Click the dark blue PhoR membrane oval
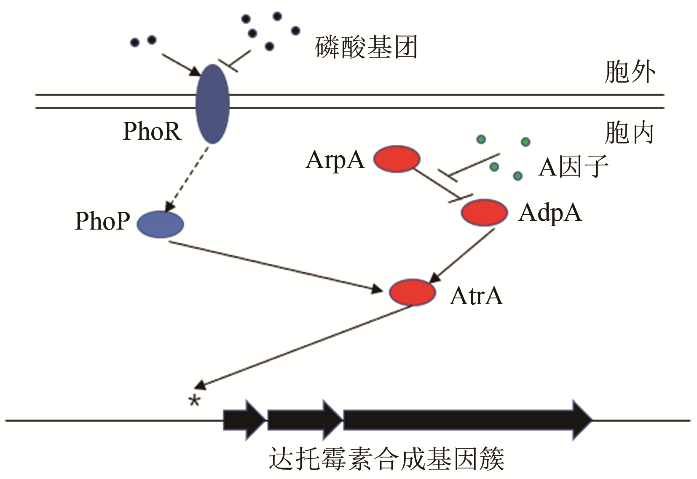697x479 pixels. (213, 104)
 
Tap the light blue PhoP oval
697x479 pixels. (160, 224)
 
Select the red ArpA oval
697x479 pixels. (397, 159)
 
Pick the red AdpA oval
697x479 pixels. (484, 212)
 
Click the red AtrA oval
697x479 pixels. (412, 292)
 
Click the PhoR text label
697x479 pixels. (152, 131)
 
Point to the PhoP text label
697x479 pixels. (102, 221)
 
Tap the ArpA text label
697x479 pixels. (335, 160)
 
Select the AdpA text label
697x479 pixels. (550, 212)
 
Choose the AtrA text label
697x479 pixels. (476, 296)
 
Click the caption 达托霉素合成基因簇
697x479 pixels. (386, 459)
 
